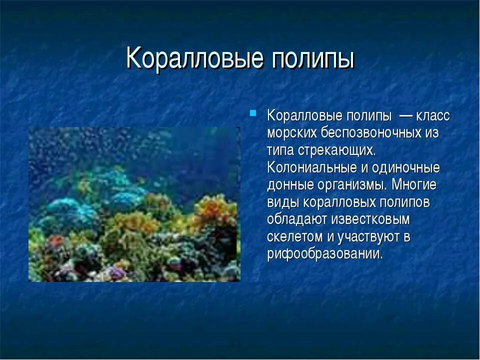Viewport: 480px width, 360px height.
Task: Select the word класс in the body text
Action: [432, 116]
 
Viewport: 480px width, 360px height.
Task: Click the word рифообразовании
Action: [325, 253]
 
